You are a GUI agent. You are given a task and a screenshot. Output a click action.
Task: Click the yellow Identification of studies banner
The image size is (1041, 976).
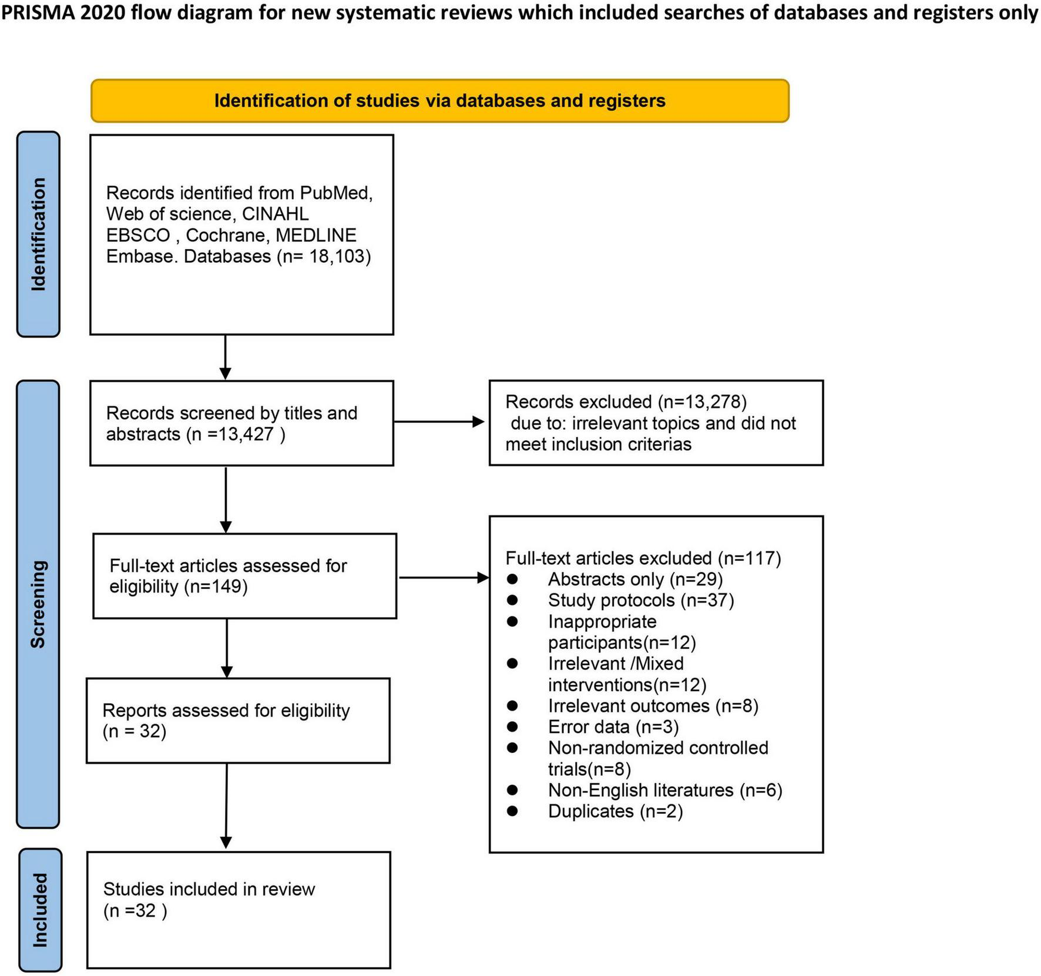[x=439, y=101]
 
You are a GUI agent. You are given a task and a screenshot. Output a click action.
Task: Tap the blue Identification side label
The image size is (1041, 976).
[x=38, y=234]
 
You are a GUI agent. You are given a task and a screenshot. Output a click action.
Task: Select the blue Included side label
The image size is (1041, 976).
[x=40, y=910]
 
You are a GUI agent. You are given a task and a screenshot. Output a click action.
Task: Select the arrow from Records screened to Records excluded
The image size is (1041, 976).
[x=439, y=422]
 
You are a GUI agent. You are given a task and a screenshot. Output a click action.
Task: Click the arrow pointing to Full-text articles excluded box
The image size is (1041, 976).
[x=444, y=578]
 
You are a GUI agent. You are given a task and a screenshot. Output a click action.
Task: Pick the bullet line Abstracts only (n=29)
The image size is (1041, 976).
[x=634, y=580]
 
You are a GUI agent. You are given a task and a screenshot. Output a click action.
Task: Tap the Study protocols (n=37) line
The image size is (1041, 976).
[x=640, y=601]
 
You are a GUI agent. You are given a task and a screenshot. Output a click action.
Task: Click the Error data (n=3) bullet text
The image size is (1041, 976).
[x=613, y=727]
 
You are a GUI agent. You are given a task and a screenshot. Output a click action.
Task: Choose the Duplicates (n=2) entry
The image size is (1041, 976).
[x=614, y=812]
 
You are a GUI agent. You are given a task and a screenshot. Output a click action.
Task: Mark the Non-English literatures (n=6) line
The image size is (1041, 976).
[x=664, y=790]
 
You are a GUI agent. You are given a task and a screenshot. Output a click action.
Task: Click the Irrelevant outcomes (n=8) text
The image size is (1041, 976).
[x=653, y=706]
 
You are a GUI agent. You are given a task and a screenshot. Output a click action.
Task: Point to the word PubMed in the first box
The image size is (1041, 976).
[x=335, y=193]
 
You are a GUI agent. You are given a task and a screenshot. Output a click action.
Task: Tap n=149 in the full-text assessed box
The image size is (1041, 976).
[x=216, y=587]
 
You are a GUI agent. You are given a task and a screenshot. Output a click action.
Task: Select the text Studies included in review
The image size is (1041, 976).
[x=209, y=889]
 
